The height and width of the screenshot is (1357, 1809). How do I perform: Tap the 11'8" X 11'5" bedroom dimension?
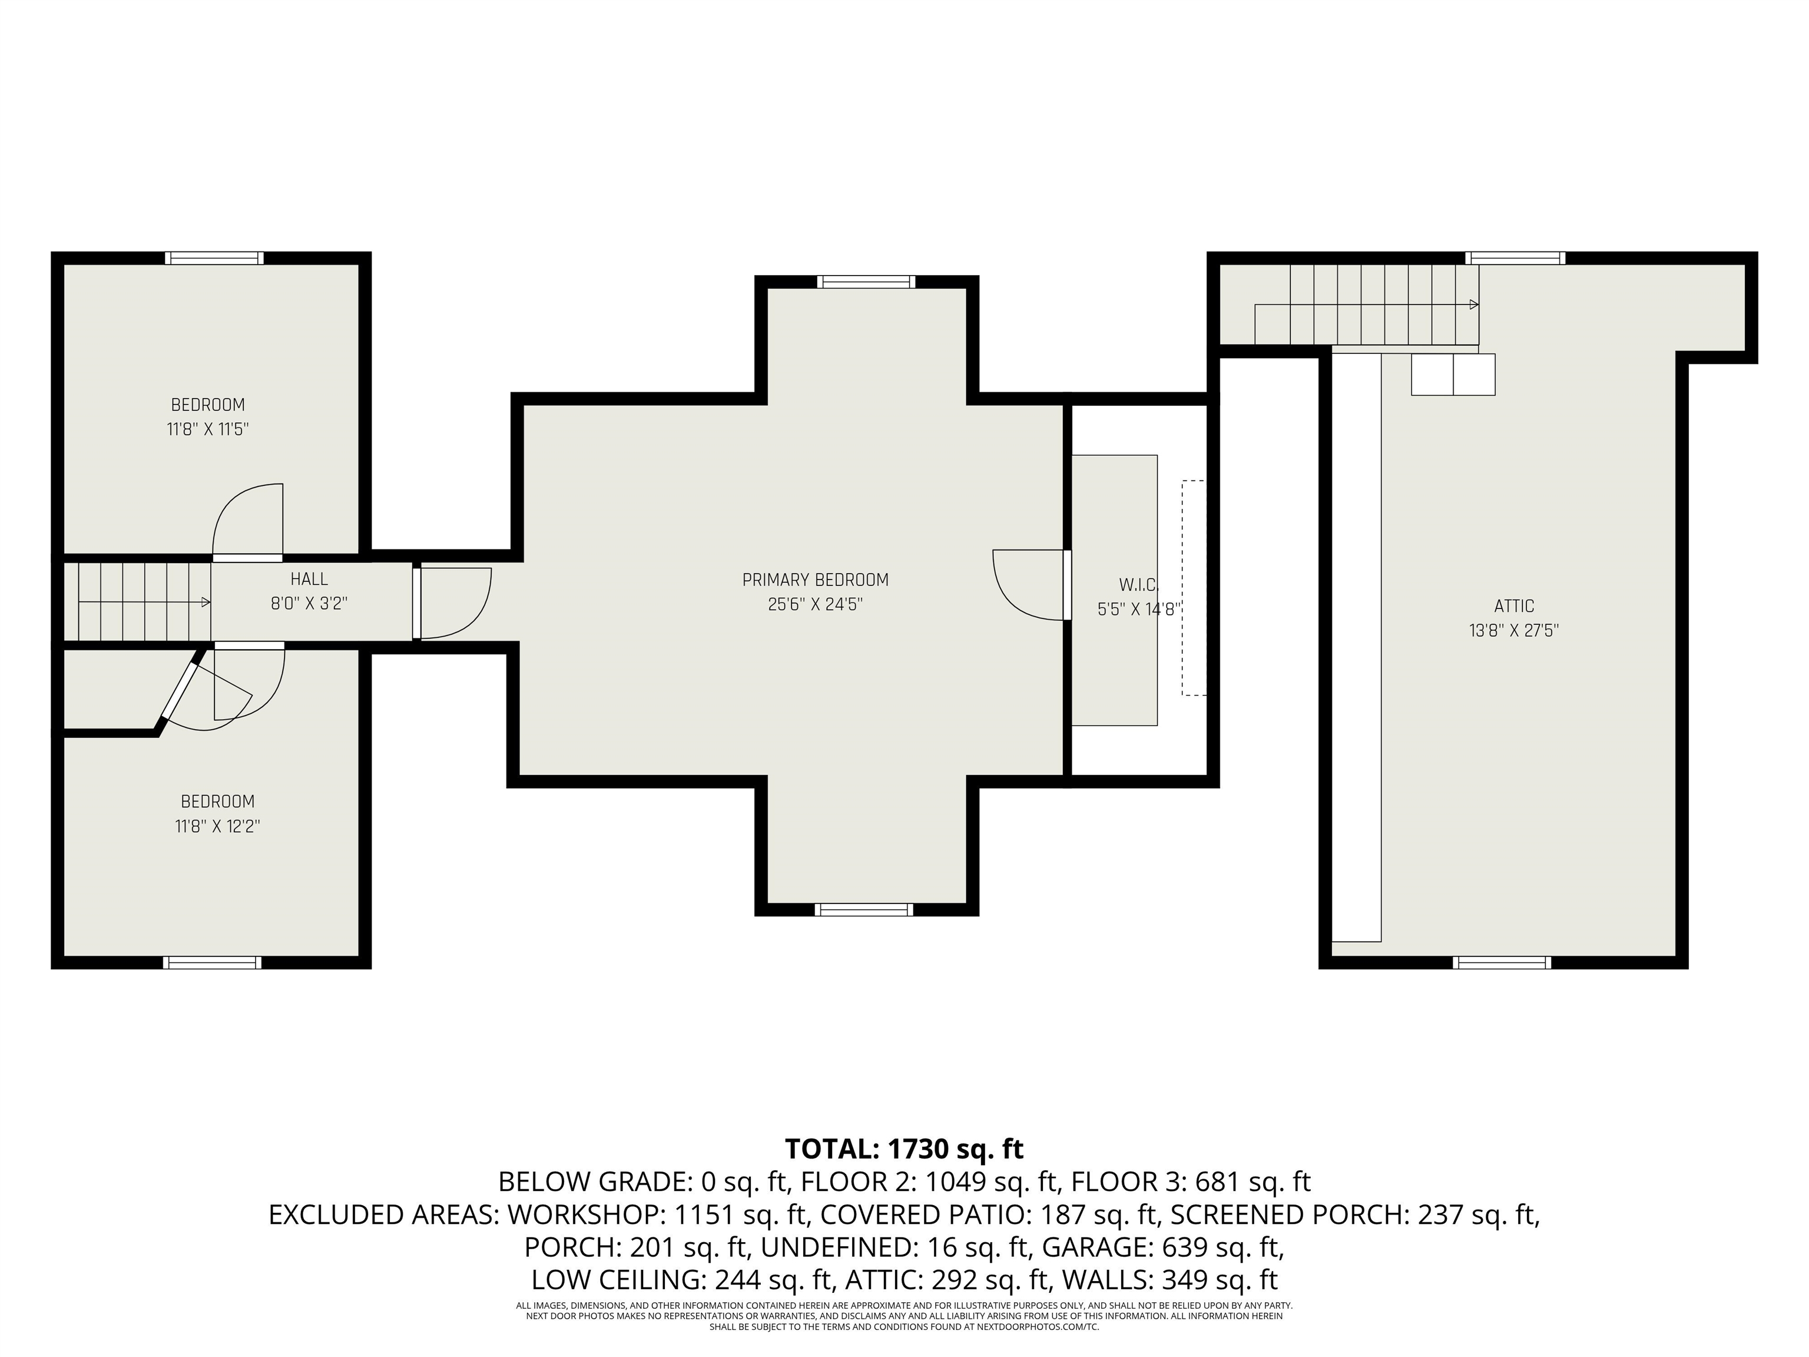tap(208, 429)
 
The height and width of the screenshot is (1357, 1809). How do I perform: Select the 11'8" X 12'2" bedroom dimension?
tap(217, 826)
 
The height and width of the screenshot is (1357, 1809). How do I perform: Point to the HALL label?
tap(309, 579)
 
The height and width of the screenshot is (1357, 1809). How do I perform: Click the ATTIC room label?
tap(1514, 606)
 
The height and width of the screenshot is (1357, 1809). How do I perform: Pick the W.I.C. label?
tap(1138, 585)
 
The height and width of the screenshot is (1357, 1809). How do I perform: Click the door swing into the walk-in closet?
tap(1027, 587)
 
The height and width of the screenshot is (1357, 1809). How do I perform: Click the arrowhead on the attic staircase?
tap(1474, 305)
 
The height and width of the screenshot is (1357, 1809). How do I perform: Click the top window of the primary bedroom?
tap(866, 282)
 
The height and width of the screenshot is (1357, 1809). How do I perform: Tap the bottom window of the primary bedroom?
tap(864, 909)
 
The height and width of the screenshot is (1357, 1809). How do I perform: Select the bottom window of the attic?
tap(1502, 963)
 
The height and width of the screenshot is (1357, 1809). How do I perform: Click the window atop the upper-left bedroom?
tap(214, 259)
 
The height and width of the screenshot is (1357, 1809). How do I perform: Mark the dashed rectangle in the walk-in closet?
tap(1194, 587)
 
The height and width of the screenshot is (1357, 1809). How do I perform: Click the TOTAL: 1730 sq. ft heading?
tap(904, 1149)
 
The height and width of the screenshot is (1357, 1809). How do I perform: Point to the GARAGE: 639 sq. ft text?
tap(1161, 1247)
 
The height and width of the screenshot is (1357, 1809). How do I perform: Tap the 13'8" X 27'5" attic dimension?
tap(1514, 631)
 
